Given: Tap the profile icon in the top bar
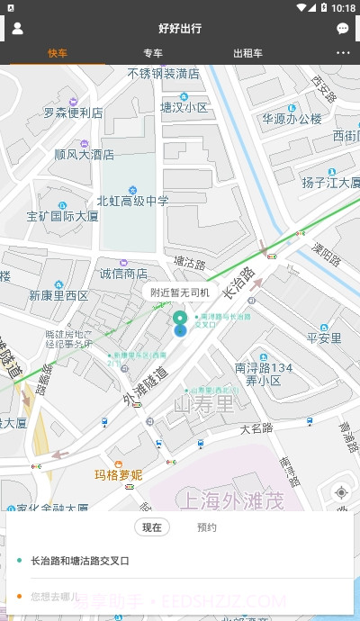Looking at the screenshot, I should pos(17,28).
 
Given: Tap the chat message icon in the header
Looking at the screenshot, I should pos(343,29).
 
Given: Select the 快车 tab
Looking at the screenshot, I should pos(58,53).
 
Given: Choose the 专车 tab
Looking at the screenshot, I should pos(153,53).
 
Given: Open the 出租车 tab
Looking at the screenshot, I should pos(247,53).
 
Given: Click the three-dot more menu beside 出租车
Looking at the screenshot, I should pos(343,53).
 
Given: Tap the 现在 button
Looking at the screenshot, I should pos(152,527).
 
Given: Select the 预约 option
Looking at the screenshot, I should pos(207,527).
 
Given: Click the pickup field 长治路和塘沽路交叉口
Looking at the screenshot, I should pos(81,561).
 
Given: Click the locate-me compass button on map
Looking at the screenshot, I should pos(340,492).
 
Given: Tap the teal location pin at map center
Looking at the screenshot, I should pos(180,321).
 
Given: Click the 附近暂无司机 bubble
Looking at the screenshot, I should pos(180,292).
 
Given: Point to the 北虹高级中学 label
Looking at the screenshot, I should pos(132,201).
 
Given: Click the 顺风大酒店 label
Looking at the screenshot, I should pos(84,154).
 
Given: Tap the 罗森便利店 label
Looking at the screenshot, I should pos(73,113).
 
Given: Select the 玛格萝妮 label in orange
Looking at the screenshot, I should pos(119,474).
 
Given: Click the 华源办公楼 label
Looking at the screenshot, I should pos(292,118).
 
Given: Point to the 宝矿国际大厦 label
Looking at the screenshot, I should pos(62,216).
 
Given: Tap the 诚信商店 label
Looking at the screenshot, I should pos(123,274).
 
